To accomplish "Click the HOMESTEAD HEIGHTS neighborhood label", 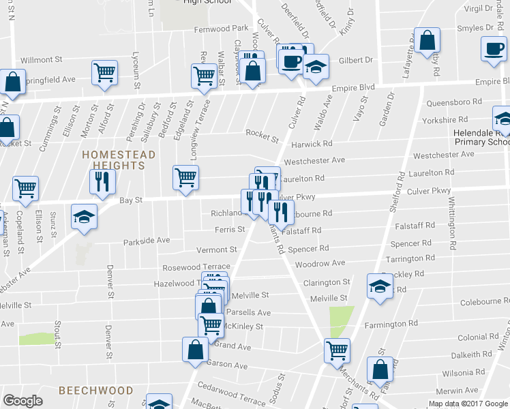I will click(x=119, y=160).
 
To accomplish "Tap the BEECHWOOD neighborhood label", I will click(x=95, y=391).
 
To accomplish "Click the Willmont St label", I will click(x=42, y=60).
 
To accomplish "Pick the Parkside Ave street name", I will click(x=146, y=241).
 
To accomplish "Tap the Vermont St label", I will click(x=216, y=250).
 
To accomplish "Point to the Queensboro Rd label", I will click(x=454, y=102).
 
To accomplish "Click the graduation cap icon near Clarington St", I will click(x=380, y=286).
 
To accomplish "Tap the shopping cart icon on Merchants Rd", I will click(x=337, y=350).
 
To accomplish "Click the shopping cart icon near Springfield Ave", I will click(x=104, y=72).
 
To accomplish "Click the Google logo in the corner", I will click(x=22, y=402).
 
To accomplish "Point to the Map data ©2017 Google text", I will click(x=467, y=404).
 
